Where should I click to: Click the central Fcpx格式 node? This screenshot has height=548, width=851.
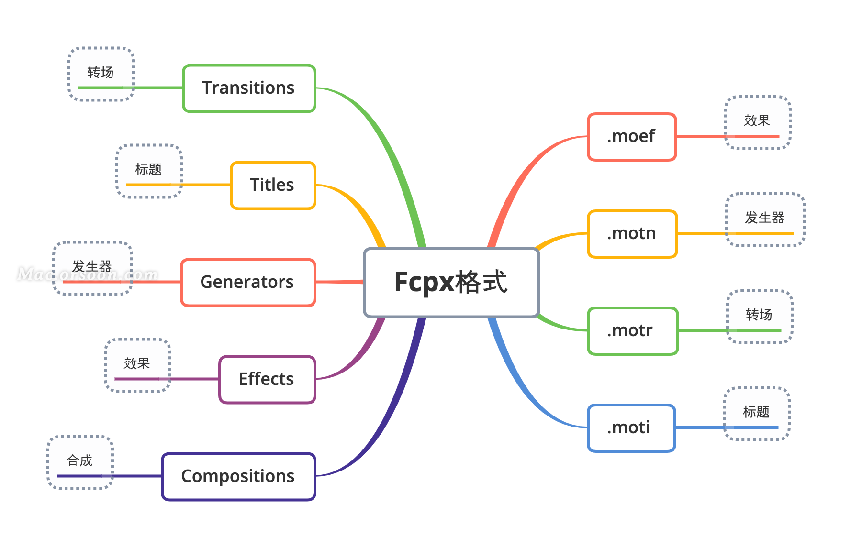click(451, 282)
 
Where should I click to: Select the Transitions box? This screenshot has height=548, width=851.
click(249, 88)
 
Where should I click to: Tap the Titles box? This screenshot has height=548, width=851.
click(273, 185)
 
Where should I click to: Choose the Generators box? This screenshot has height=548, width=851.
click(248, 282)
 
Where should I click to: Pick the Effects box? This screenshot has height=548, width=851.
click(267, 379)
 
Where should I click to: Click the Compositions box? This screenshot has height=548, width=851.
click(238, 476)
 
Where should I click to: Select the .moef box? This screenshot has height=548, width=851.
click(632, 137)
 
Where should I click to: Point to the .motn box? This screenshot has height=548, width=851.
click(632, 234)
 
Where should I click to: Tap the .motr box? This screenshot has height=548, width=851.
click(632, 331)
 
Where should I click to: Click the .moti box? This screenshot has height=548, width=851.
click(631, 428)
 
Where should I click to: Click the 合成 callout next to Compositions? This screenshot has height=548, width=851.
click(80, 462)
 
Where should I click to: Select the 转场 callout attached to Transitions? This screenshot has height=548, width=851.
click(101, 74)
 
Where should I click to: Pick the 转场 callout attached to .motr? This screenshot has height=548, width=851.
click(760, 316)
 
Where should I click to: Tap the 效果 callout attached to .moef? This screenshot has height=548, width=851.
click(758, 122)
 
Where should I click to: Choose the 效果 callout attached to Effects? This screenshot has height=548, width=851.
click(137, 365)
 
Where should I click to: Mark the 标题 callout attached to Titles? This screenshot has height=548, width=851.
click(149, 171)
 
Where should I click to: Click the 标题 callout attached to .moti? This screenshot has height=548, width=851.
click(757, 413)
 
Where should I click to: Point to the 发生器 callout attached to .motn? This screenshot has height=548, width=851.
click(765, 219)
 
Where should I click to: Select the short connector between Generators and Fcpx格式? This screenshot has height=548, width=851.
click(339, 282)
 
